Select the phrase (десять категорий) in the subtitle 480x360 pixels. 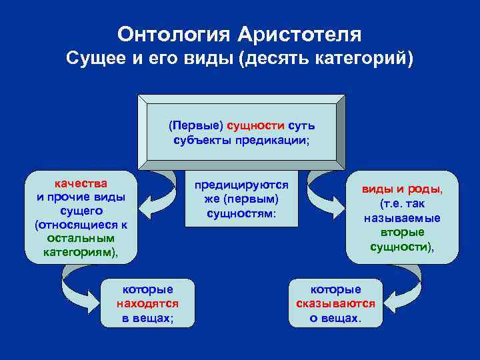click(327, 59)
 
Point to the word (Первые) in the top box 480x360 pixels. click(195, 125)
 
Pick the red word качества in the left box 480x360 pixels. click(81, 183)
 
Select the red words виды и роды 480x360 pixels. click(402, 189)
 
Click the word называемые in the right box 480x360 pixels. click(402, 218)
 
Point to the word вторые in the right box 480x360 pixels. click(402, 233)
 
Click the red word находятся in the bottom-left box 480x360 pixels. click(147, 304)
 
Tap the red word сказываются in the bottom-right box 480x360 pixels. click(335, 304)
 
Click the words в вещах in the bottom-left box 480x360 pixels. click(147, 318)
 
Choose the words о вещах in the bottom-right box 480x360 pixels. click(335, 318)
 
